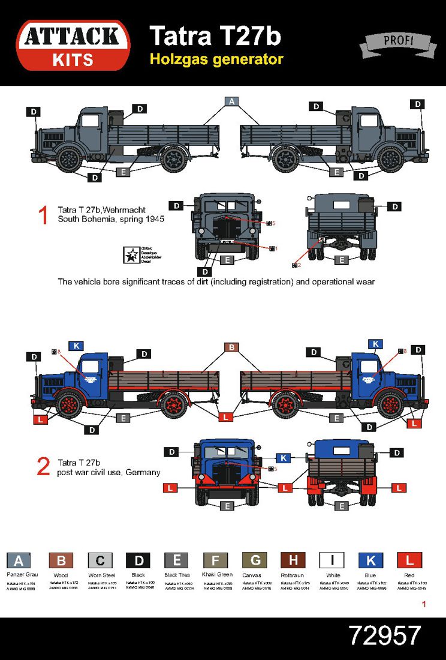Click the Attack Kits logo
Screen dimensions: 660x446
pos(73,45)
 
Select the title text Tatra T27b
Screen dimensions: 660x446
pos(215,36)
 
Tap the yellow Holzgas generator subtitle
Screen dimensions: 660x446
pos(216,59)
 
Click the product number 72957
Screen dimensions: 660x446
pos(385,635)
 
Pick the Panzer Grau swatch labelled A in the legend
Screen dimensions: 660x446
pos(19,560)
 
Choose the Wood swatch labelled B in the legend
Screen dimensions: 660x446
pos(61,560)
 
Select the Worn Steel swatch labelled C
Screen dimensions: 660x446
pos(100,560)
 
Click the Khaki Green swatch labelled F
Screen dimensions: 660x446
pos(216,560)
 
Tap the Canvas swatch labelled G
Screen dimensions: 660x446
pos(255,560)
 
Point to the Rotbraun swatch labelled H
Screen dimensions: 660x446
pos(293,560)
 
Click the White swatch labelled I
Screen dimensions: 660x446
pos(332,560)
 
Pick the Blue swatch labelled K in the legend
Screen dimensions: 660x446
pos(370,560)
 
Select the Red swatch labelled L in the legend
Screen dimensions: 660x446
pos(409,560)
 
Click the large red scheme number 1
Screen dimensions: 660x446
pos(43,215)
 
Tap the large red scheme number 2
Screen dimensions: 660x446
pos(43,467)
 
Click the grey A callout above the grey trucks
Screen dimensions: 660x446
pos(232,101)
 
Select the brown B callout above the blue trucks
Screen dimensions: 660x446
pos(232,347)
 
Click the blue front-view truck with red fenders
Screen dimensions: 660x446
pos(227,472)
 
